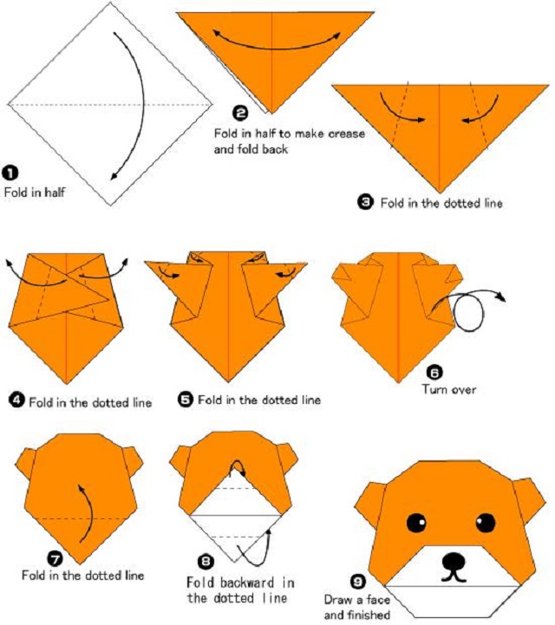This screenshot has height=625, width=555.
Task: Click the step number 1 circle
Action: pyautogui.click(x=10, y=173)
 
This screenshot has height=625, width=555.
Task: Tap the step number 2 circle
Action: pyautogui.click(x=240, y=114)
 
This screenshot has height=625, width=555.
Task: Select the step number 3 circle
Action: pyautogui.click(x=365, y=202)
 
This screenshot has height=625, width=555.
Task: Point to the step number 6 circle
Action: pyautogui.click(x=434, y=372)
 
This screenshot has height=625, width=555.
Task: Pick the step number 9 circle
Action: pyautogui.click(x=357, y=582)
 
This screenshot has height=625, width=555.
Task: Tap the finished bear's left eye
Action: pyautogui.click(x=416, y=522)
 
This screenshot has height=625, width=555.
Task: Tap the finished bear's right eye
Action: pyautogui.click(x=486, y=522)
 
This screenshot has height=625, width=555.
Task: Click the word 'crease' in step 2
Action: pyautogui.click(x=346, y=133)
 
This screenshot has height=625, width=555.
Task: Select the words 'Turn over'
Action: pyautogui.click(x=449, y=389)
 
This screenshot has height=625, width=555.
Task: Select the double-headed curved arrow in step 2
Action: pyautogui.click(x=276, y=48)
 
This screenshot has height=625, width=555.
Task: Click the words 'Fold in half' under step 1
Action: pyautogui.click(x=35, y=192)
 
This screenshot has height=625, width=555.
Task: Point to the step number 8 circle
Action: pyautogui.click(x=206, y=562)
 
